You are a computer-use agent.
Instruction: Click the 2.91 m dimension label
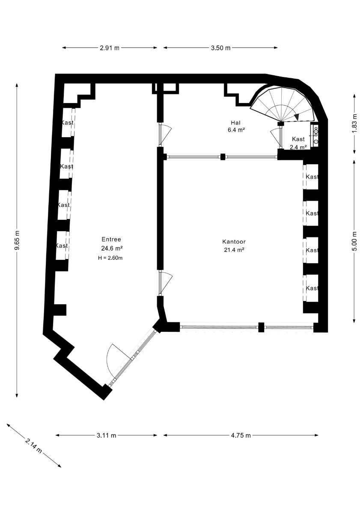110,48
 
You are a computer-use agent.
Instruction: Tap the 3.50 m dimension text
220,48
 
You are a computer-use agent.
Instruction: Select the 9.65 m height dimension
17,240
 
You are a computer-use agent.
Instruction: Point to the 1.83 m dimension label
354,123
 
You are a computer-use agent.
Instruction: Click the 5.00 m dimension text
354,241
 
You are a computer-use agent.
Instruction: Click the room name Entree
111,239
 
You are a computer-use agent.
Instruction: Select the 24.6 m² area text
112,248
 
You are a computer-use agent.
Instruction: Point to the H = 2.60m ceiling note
110,258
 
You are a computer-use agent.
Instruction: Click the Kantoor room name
234,242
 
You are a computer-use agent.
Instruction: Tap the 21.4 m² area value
234,250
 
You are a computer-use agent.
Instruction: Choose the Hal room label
235,123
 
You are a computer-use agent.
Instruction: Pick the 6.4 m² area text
235,130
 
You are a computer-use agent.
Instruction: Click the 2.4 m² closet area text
298,147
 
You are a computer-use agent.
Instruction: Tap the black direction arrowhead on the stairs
297,117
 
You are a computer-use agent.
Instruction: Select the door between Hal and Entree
165,135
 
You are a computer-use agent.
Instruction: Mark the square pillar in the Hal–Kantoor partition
223,157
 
